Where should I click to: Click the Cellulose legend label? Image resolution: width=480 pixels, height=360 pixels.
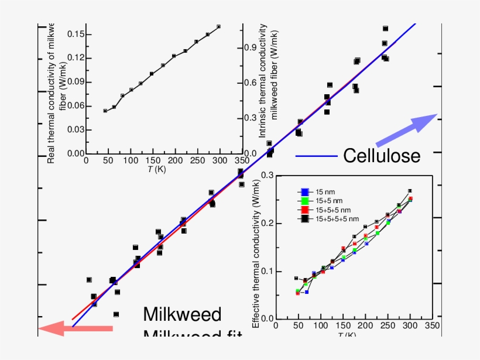point(381,156)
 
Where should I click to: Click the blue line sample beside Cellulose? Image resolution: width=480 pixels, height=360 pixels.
point(316,156)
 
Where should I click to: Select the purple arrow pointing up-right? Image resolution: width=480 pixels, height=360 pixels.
point(406,131)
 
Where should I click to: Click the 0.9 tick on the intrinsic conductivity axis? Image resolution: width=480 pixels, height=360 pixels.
point(251,47)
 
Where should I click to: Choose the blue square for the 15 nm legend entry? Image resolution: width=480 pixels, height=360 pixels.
point(304,192)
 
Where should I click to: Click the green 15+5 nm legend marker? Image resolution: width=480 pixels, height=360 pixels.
point(304,201)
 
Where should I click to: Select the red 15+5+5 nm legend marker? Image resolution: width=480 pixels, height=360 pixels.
point(304,210)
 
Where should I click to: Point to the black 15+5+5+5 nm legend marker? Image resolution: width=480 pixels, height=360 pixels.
point(304,218)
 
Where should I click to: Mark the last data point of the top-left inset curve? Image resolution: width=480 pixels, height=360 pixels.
point(218,26)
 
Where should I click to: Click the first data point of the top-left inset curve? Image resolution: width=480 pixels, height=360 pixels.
point(105,111)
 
